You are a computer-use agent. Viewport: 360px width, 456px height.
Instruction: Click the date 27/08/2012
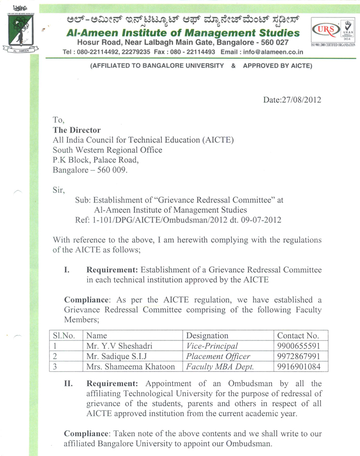point(292,100)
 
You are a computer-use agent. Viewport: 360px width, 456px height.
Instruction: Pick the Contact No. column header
point(298,335)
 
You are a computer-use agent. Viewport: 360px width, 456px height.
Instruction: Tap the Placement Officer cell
point(218,356)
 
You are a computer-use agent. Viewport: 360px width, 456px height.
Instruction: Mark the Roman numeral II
point(67,384)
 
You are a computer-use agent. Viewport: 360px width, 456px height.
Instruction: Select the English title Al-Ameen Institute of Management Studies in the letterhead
point(183,33)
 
